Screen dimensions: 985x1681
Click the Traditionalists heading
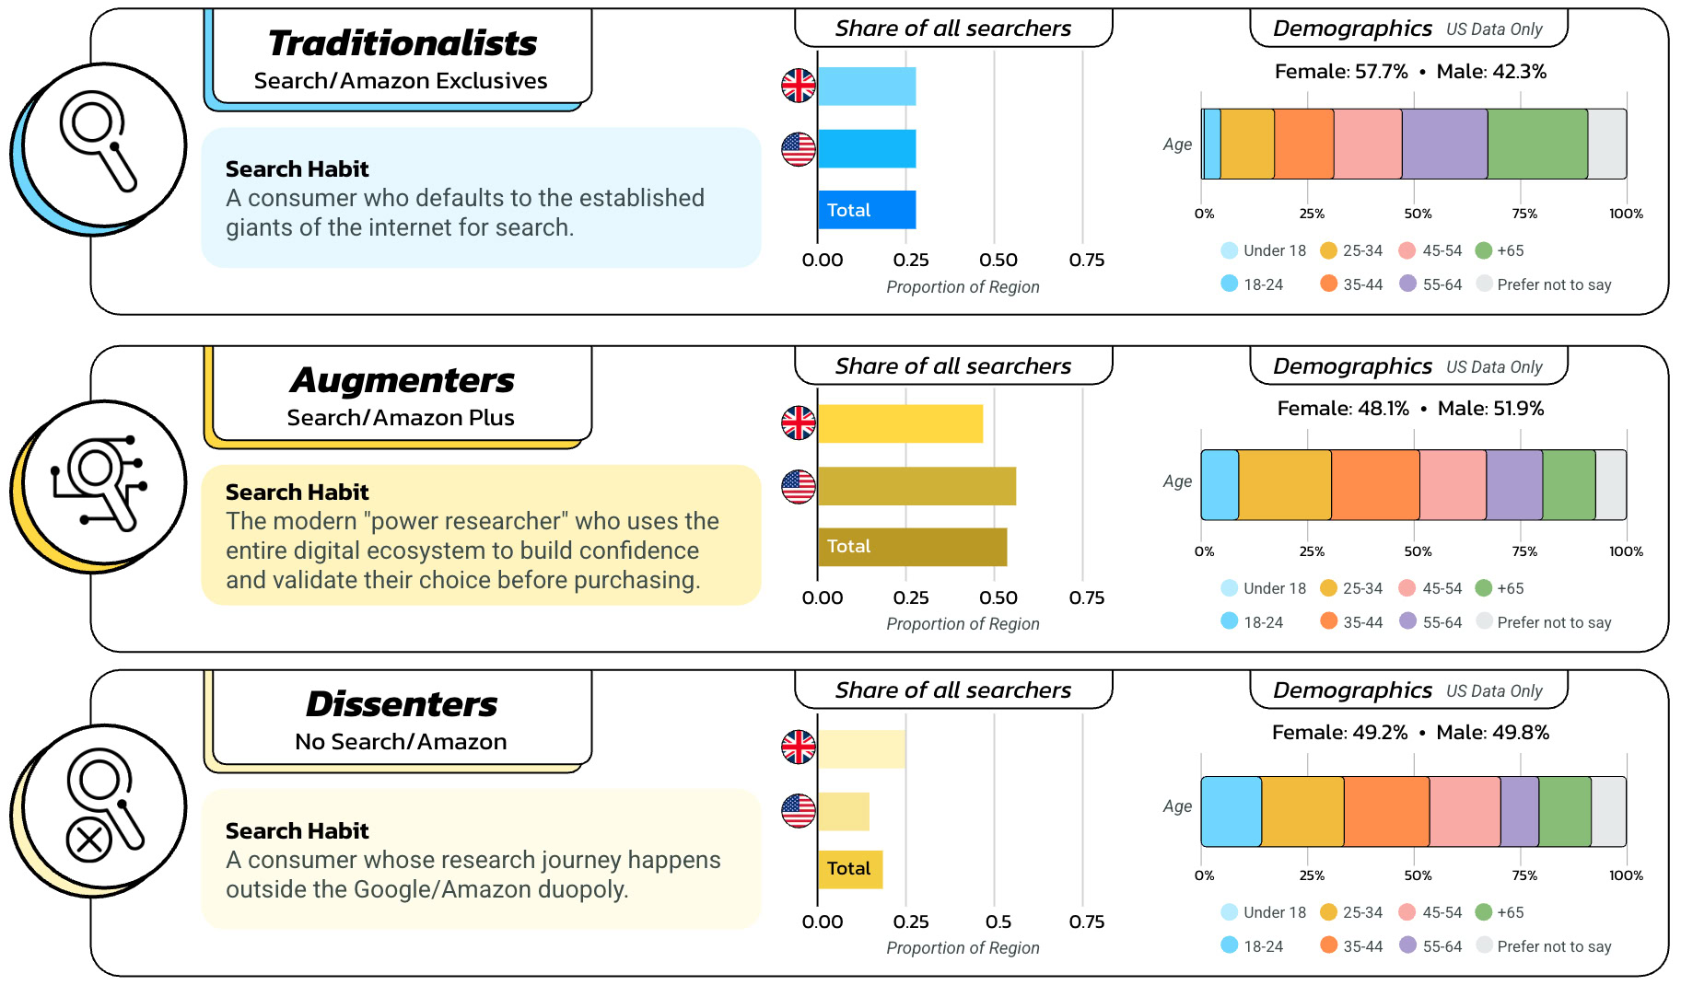(x=403, y=43)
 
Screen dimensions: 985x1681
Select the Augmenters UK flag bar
(x=900, y=423)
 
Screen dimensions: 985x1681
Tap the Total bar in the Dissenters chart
(x=850, y=869)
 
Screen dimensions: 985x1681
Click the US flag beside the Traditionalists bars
(x=799, y=149)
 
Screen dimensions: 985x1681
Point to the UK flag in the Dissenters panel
(x=799, y=747)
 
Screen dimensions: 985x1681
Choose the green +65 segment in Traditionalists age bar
(x=1537, y=144)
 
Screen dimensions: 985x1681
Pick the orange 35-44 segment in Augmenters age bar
(x=1375, y=485)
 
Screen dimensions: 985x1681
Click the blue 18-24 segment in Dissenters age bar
(x=1231, y=811)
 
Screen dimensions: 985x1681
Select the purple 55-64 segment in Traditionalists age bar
(x=1444, y=144)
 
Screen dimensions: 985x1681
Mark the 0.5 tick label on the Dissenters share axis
(x=998, y=921)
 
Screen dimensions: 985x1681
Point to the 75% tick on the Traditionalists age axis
(x=1523, y=214)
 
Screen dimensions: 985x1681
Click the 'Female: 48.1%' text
(x=1342, y=409)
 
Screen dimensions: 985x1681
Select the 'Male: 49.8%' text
(x=1492, y=733)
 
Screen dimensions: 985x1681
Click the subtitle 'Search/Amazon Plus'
(x=401, y=418)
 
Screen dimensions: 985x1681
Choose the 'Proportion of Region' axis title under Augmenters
(x=963, y=624)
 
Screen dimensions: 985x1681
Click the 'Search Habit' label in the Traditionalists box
(x=297, y=169)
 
